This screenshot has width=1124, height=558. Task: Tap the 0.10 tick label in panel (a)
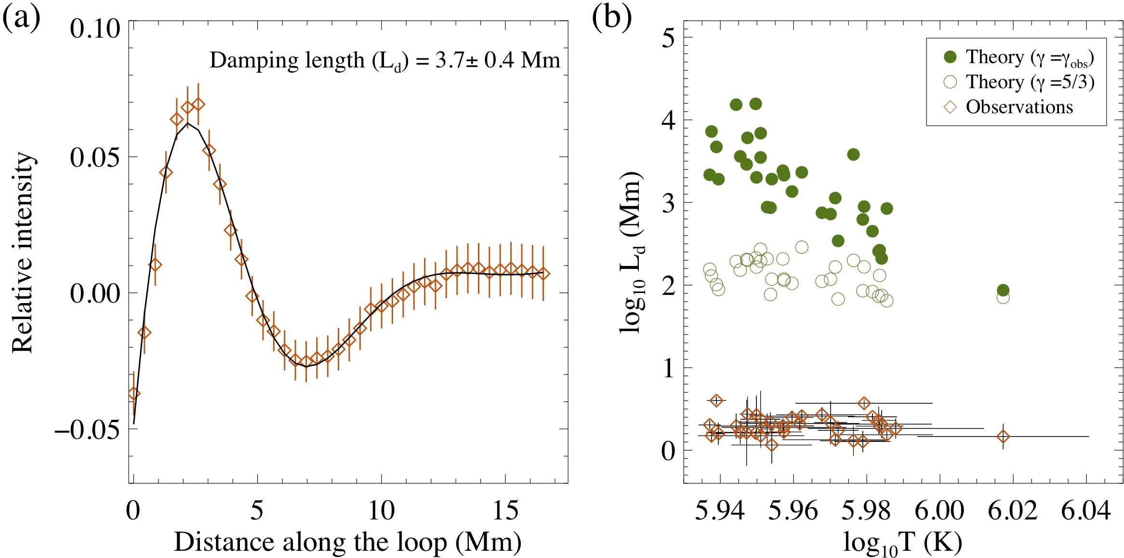[x=94, y=29]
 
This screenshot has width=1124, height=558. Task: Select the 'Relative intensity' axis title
[x=23, y=252]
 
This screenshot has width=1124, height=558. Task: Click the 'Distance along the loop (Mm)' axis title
[x=347, y=542]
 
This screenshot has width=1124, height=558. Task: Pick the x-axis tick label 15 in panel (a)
[x=505, y=511]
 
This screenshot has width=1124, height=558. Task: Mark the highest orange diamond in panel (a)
[x=198, y=104]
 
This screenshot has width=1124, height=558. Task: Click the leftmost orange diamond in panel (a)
[x=134, y=394]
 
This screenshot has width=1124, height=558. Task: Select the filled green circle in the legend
[x=950, y=57]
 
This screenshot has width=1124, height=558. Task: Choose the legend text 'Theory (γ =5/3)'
[x=1030, y=82]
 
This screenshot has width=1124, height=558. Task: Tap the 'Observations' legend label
[x=1019, y=107]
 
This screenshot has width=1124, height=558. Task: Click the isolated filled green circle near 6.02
[x=1003, y=290]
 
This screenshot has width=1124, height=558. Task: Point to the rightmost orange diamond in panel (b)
[x=1003, y=437]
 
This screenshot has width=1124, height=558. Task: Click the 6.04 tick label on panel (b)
[x=1086, y=511]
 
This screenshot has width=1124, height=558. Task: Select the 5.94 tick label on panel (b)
[x=720, y=511]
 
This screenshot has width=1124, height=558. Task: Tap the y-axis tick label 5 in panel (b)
[x=668, y=38]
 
